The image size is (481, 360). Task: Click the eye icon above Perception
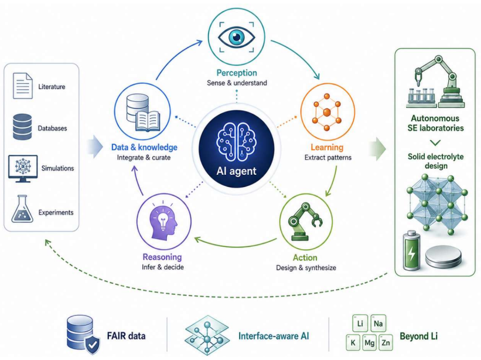tap(236, 37)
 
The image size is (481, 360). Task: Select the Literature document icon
tap(22, 86)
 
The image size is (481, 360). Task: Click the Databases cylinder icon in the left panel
tap(22, 127)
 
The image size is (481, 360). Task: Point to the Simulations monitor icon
tap(23, 168)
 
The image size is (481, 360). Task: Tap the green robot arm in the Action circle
tap(305, 222)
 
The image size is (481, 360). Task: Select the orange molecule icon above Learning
tap(327, 112)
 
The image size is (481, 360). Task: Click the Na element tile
tap(378, 324)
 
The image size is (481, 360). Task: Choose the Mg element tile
tap(369, 342)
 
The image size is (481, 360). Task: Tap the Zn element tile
tap(386, 342)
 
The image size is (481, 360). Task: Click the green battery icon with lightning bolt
tap(411, 251)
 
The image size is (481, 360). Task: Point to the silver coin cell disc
tap(444, 256)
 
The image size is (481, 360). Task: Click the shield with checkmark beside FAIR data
tap(92, 345)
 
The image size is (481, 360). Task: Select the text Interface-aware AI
tap(274, 336)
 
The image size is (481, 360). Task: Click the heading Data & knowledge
tap(144, 147)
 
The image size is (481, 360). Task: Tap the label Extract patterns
tap(328, 158)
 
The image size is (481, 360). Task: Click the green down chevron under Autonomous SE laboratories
tap(435, 142)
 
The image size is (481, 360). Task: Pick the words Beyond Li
tap(419, 337)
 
